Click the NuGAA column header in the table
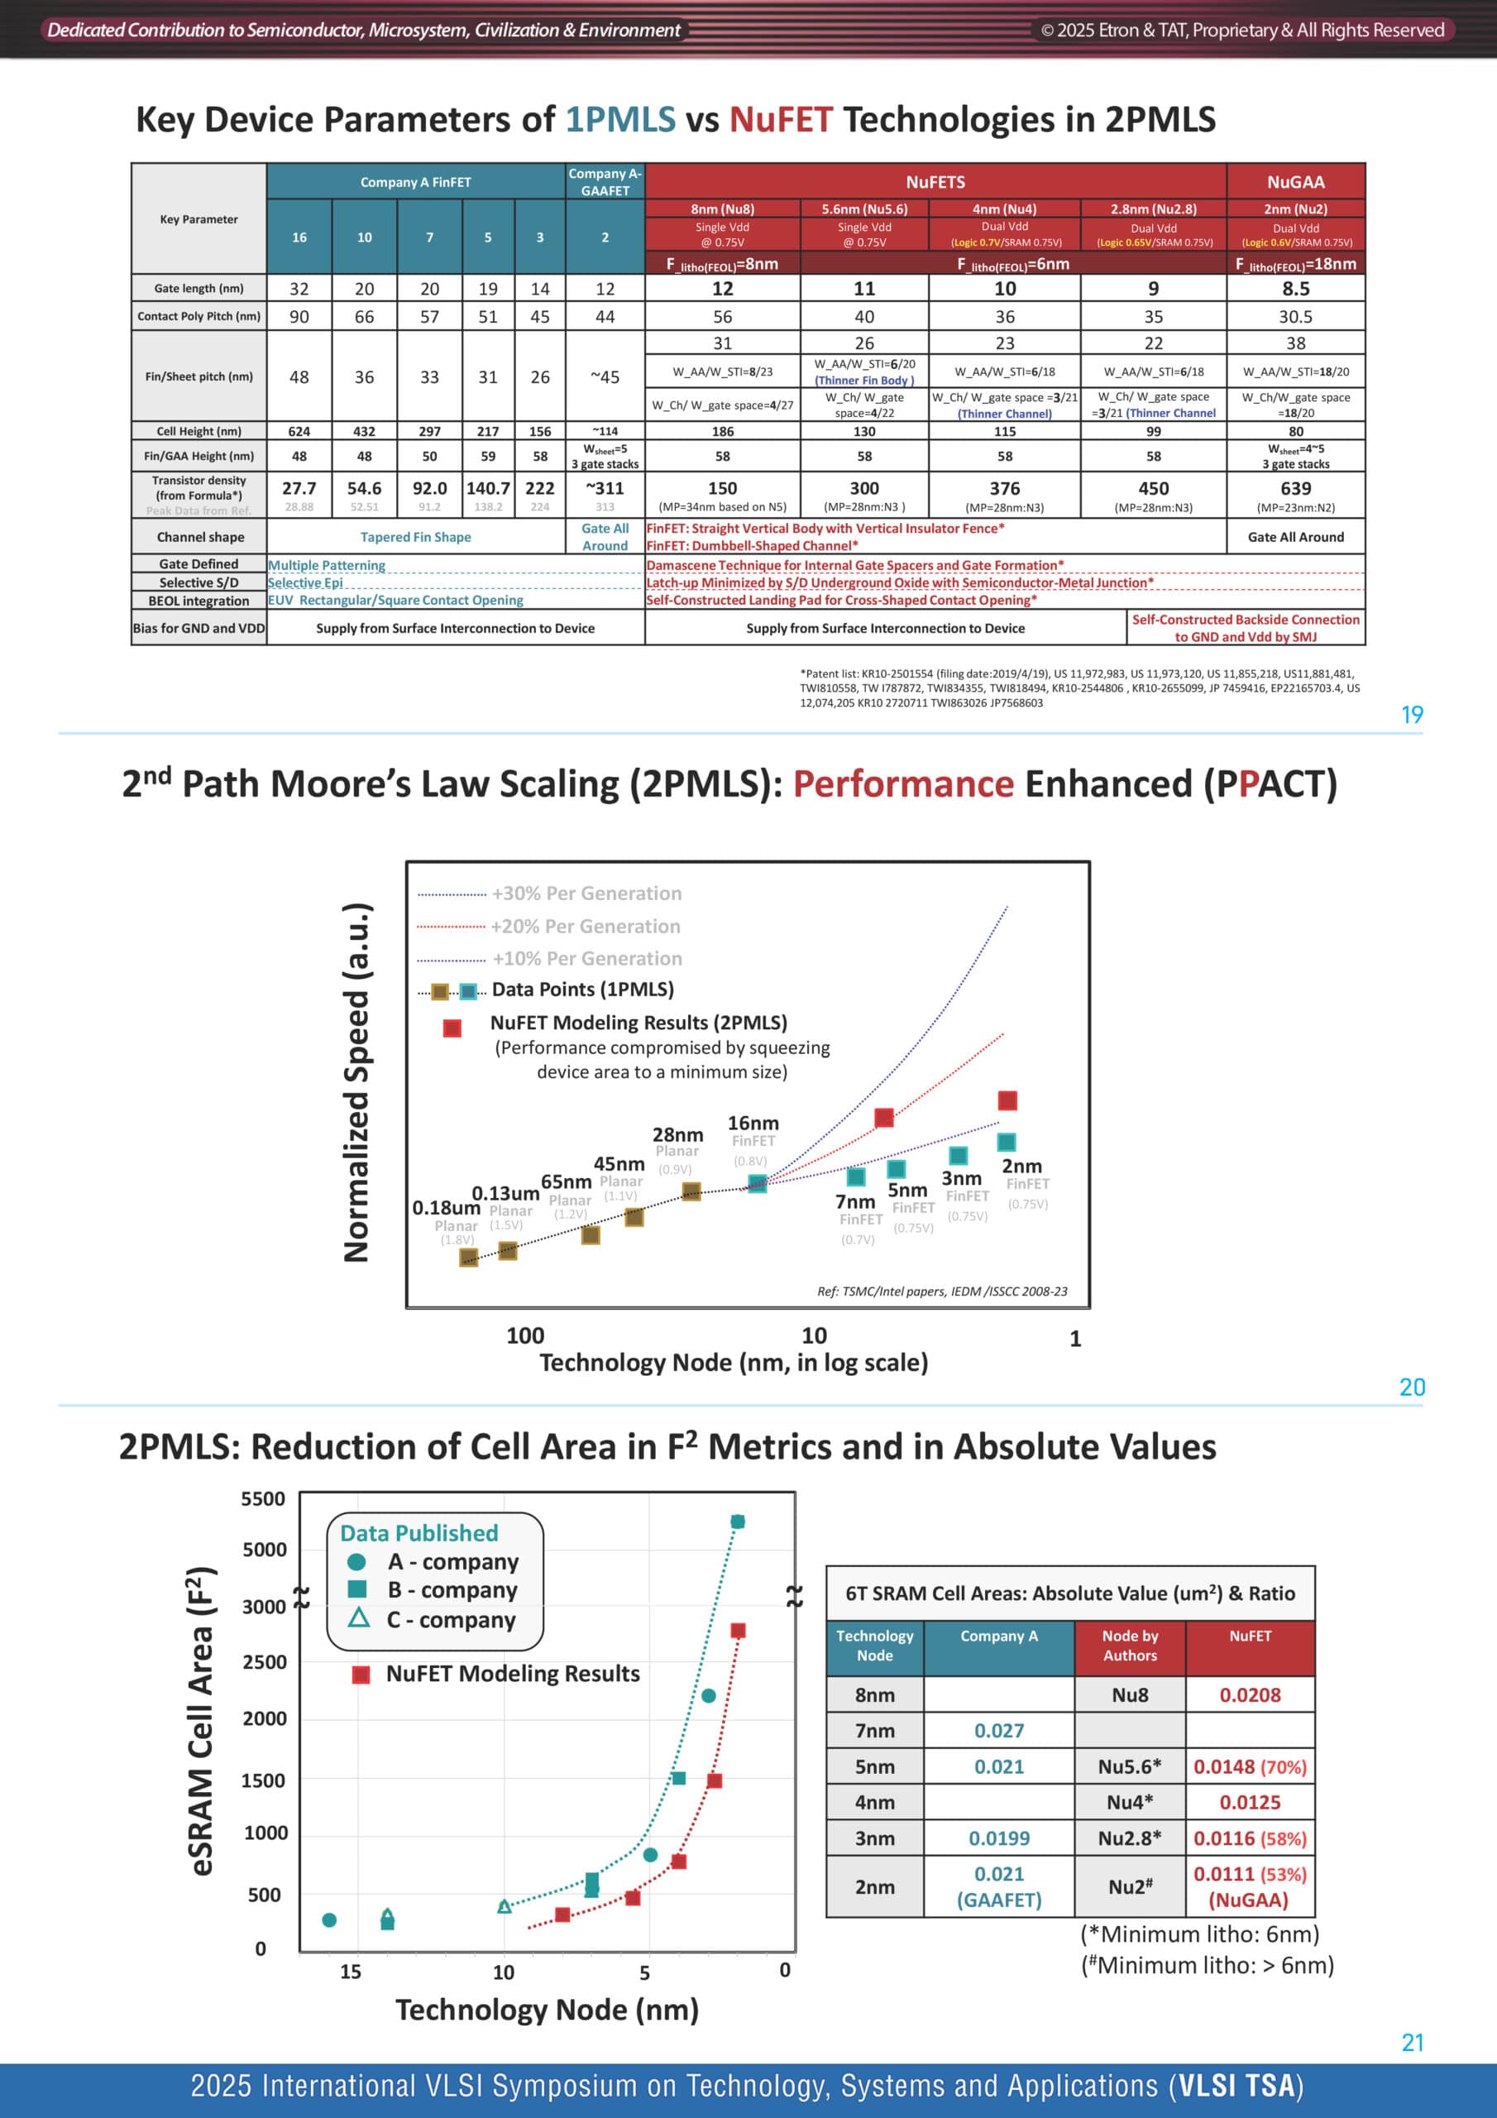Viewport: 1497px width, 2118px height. click(x=1295, y=182)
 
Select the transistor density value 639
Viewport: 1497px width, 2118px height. click(x=1295, y=488)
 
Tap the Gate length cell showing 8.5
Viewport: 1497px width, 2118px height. click(x=1295, y=289)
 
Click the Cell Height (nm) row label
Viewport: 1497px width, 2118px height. click(x=198, y=431)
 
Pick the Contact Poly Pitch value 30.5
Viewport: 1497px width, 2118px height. click(x=1295, y=316)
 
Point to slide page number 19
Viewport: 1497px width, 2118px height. click(x=1411, y=715)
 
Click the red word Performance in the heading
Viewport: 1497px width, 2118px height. click(x=903, y=784)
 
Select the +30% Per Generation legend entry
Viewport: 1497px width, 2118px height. click(x=549, y=893)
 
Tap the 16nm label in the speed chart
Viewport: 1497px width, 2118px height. click(x=753, y=1123)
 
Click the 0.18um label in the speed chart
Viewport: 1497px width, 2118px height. click(x=447, y=1208)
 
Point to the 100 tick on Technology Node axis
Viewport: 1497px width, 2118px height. click(x=525, y=1335)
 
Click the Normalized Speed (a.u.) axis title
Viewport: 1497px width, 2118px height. click(x=357, y=1082)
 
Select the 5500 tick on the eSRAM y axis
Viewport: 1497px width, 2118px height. click(x=264, y=1499)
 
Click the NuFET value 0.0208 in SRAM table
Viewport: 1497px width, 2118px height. click(x=1250, y=1694)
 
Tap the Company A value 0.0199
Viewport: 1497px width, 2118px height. click(x=999, y=1838)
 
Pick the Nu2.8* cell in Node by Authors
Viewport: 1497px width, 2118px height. click(x=1129, y=1838)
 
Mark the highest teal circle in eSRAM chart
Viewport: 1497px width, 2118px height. click(x=737, y=1521)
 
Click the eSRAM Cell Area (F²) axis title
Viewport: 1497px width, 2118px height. click(x=201, y=1720)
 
